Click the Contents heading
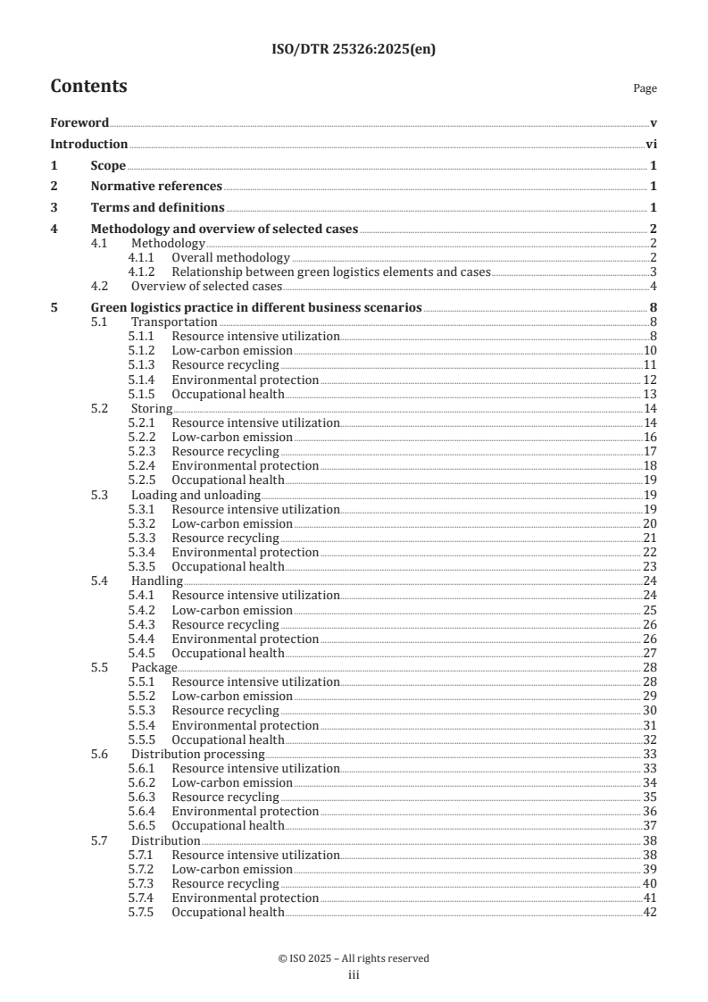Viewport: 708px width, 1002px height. coord(88,87)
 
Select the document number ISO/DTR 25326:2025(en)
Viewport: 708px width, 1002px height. coord(354,51)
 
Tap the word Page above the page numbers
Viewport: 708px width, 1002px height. coord(645,88)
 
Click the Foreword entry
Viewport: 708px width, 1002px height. coord(79,122)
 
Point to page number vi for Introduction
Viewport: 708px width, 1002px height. coord(652,144)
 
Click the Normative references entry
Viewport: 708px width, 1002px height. coord(156,187)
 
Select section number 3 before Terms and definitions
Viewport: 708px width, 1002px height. coord(54,208)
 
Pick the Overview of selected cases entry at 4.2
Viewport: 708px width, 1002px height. coord(206,287)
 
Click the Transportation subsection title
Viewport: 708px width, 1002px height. coord(174,322)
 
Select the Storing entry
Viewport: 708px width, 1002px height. coord(152,408)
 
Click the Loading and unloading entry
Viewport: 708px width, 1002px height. coord(196,495)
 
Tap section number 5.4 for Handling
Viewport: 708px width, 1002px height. coord(100,581)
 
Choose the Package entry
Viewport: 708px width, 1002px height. coord(154,668)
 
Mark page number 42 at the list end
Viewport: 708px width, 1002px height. coord(650,913)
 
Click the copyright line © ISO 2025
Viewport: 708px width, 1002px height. coord(354,958)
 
